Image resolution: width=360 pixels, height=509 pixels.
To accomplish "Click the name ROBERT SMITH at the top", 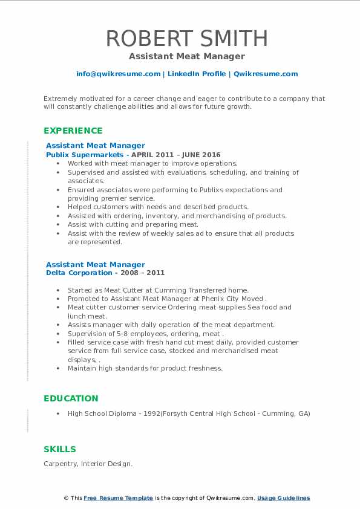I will (x=186, y=38).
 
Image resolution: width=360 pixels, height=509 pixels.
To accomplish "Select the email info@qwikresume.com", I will (x=118, y=74).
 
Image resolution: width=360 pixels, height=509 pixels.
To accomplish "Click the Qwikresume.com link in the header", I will (x=266, y=74).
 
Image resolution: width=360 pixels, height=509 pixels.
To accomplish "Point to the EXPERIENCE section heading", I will (x=73, y=131).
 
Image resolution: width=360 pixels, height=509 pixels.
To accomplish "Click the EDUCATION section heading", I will (x=71, y=398).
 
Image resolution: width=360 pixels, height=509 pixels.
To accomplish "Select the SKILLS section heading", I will (x=60, y=449).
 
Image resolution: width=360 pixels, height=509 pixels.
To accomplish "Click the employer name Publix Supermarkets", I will (x=84, y=155).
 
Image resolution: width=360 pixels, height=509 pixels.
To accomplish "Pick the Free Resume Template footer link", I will (x=118, y=498).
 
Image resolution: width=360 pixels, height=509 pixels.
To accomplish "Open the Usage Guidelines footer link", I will (x=283, y=498).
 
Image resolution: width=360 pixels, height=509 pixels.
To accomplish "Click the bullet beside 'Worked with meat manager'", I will (x=57, y=164).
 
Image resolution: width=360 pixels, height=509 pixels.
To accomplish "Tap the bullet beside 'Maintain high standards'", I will (x=57, y=368).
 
